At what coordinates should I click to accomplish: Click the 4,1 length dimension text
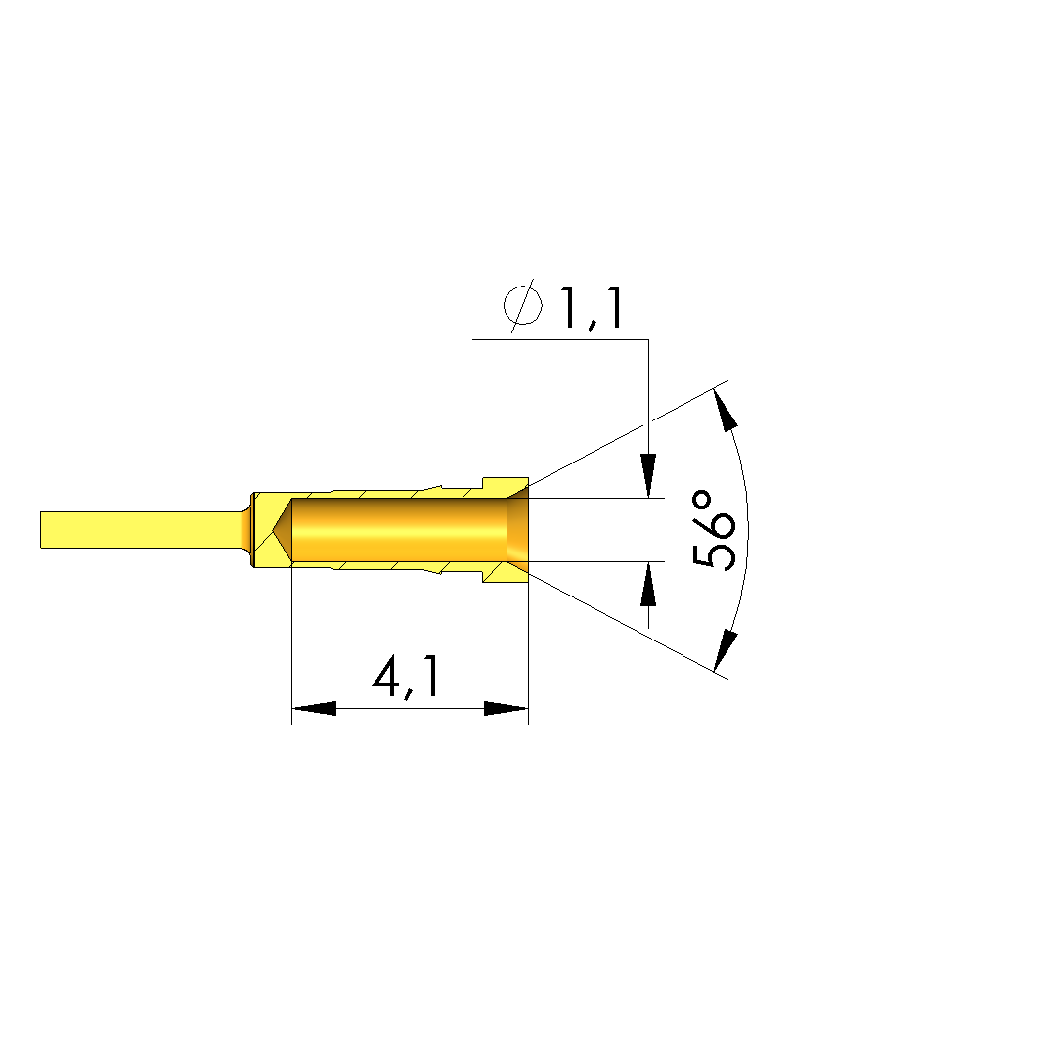pos(407,678)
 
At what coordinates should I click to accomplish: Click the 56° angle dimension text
pos(713,530)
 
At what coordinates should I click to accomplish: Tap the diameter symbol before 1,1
pos(522,305)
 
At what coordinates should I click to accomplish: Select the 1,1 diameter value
pos(591,308)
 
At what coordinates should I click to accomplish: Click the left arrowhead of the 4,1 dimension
pos(314,709)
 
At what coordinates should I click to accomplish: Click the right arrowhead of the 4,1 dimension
pos(507,709)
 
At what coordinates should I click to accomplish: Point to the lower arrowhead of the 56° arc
pos(726,650)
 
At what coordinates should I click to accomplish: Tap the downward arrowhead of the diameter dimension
pos(648,476)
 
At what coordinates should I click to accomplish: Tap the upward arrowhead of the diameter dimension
pos(648,584)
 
